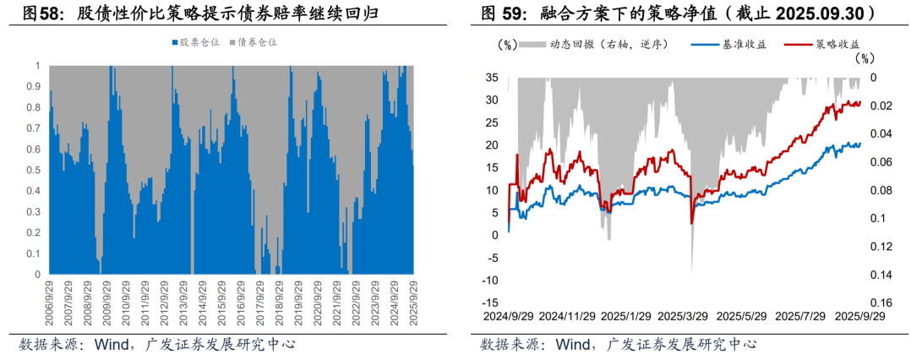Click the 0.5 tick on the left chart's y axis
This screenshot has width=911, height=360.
tap(35, 170)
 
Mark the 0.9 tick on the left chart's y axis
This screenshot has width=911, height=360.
tap(35, 86)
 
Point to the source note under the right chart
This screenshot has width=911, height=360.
tap(618, 345)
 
